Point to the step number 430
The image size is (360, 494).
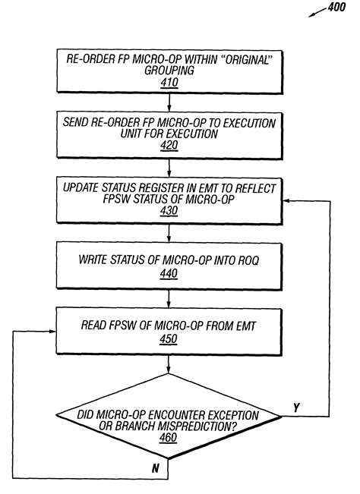pyautogui.click(x=169, y=212)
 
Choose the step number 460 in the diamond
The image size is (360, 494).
pyautogui.click(x=169, y=438)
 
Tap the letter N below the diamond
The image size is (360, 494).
pyautogui.click(x=155, y=469)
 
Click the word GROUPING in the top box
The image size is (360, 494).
pyautogui.click(x=169, y=72)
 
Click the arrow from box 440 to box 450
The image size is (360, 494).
pyautogui.click(x=169, y=298)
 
